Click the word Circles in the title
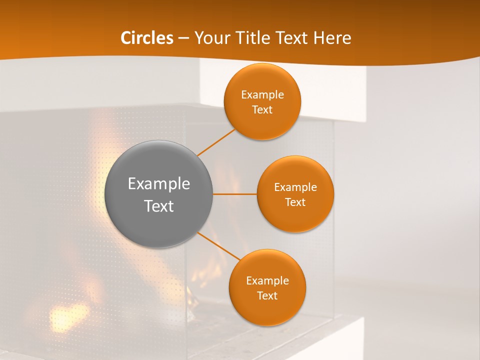(147, 38)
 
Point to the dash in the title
(183, 38)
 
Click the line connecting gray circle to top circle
(216, 142)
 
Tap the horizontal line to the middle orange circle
(234, 194)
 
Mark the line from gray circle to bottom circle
(219, 245)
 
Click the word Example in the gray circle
(159, 184)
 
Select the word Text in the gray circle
(159, 206)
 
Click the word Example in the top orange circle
(262, 95)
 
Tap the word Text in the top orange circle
(262, 110)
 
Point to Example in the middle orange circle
(295, 187)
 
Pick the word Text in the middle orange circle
(295, 202)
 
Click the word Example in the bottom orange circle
(267, 281)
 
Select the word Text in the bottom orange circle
(267, 296)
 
